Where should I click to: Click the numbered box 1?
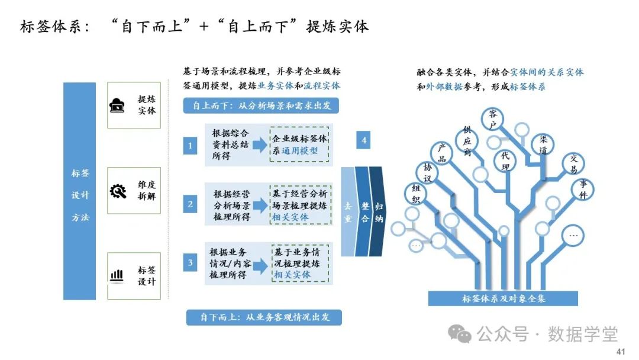pyautogui.click(x=190, y=145)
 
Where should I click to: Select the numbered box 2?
pyautogui.click(x=190, y=205)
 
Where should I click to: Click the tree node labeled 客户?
pyautogui.click(x=492, y=118)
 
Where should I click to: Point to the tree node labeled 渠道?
pyautogui.click(x=543, y=144)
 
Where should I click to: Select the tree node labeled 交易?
pyautogui.click(x=573, y=163)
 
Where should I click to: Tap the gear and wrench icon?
pyautogui.click(x=118, y=191)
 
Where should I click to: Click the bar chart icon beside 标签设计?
pyautogui.click(x=117, y=276)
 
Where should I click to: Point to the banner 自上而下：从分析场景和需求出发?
pyautogui.click(x=262, y=106)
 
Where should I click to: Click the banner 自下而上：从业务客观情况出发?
pyautogui.click(x=264, y=317)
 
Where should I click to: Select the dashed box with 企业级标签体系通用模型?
pyautogui.click(x=300, y=144)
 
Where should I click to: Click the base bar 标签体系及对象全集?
pyautogui.click(x=503, y=298)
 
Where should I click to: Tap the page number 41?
pyautogui.click(x=621, y=352)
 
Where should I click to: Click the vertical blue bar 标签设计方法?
pyautogui.click(x=80, y=191)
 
